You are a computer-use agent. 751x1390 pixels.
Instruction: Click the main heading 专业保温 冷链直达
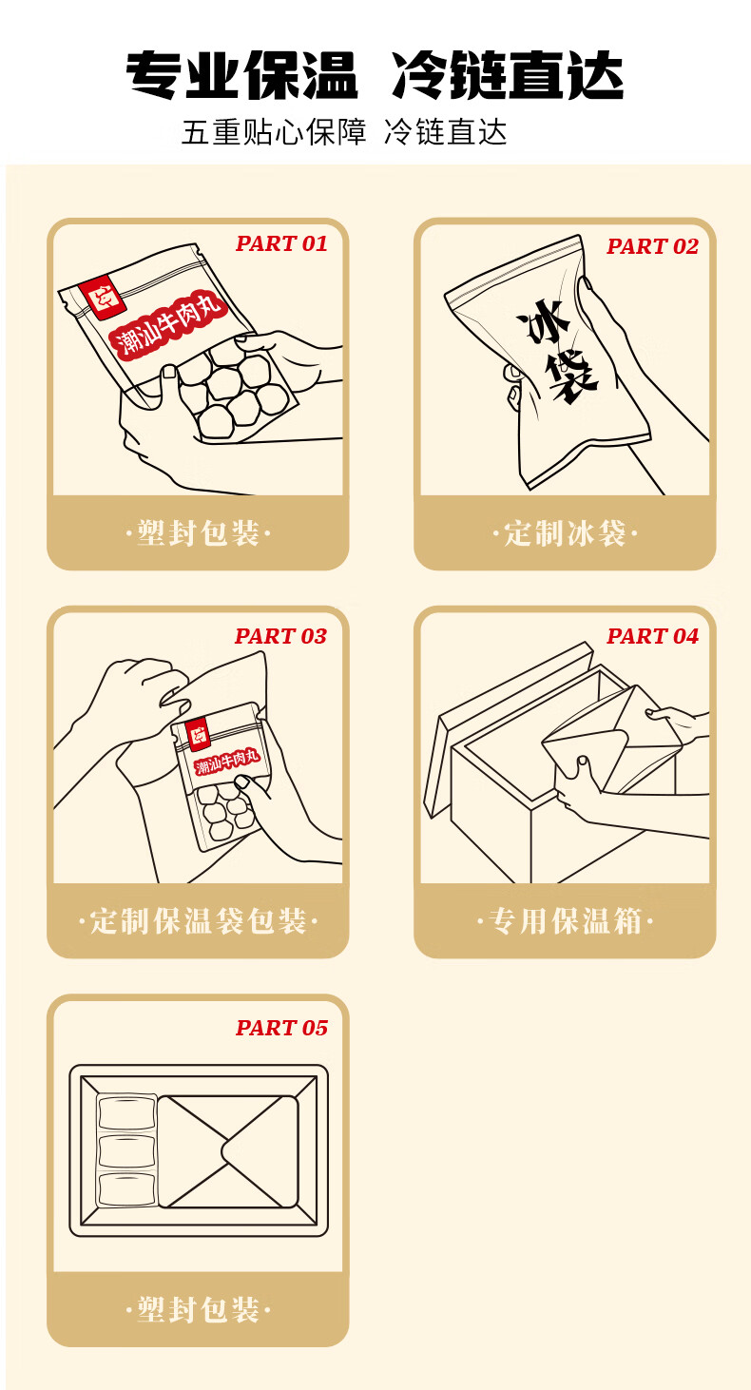tap(375, 75)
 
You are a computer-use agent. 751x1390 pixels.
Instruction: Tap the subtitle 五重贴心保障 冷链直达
tap(344, 132)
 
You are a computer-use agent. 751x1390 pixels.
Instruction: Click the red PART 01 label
tap(281, 243)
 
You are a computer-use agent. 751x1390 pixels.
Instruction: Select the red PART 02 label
tap(652, 246)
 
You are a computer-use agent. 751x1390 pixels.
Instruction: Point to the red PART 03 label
tap(280, 636)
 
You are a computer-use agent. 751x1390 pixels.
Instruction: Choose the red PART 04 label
tap(652, 636)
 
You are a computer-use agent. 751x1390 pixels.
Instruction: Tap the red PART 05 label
tap(281, 1028)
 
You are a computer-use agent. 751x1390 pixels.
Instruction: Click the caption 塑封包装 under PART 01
tap(198, 533)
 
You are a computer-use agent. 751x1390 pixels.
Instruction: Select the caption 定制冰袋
tap(565, 533)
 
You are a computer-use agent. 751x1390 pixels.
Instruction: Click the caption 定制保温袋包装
tap(198, 921)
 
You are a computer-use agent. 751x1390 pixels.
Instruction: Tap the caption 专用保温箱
tap(565, 921)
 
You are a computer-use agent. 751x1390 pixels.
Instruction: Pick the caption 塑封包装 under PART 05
tap(198, 1310)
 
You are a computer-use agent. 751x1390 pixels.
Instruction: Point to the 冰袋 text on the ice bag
tap(555, 351)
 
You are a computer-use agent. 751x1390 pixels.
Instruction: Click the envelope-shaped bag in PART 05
tap(228, 1151)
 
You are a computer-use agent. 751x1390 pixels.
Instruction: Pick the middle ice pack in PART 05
tap(126, 1151)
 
